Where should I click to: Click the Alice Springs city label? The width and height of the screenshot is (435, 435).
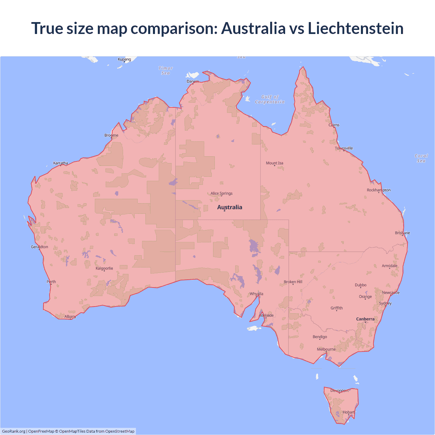[221, 193]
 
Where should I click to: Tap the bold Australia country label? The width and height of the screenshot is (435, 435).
[229, 207]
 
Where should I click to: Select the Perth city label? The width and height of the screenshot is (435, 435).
[51, 282]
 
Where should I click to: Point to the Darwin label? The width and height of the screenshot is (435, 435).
[193, 81]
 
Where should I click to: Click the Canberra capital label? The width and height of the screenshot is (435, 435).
[365, 319]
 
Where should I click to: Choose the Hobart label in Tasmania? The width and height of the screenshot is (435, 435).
[348, 412]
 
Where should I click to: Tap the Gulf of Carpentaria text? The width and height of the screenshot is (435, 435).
[270, 99]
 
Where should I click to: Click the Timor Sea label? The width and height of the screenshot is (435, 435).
[166, 71]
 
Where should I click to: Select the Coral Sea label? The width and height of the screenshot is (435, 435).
[421, 158]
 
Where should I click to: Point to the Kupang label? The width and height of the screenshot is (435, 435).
[124, 59]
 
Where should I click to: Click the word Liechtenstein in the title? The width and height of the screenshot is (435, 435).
[355, 28]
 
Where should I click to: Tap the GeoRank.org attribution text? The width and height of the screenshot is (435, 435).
[14, 431]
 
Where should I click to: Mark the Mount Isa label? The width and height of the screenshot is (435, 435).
[274, 163]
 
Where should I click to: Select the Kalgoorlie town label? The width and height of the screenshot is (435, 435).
[104, 268]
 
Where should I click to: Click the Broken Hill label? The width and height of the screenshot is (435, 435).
[293, 282]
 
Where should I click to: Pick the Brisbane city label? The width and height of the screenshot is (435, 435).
[402, 233]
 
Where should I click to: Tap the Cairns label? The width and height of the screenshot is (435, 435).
[334, 125]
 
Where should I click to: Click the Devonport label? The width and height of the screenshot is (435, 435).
[340, 390]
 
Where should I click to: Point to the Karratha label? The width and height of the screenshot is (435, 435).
[60, 163]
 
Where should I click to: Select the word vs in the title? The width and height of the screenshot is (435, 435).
[296, 28]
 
